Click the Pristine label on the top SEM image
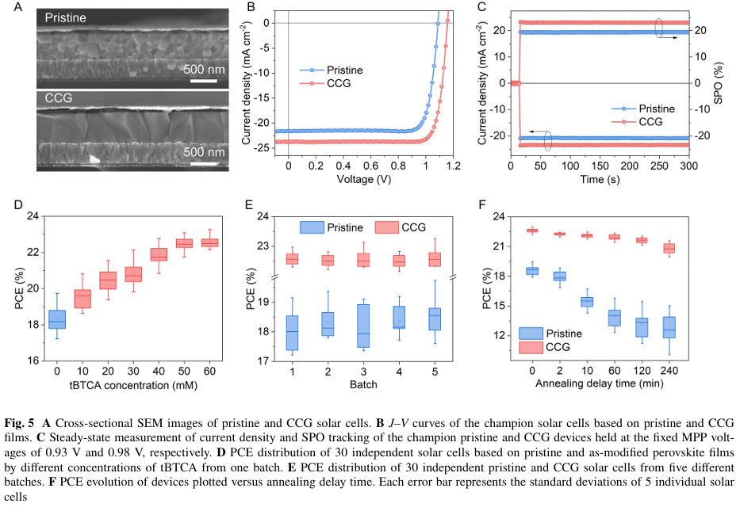tap(66, 17)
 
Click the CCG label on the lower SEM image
tap(59, 98)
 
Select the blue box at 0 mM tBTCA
tap(57, 319)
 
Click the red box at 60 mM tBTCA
tap(209, 242)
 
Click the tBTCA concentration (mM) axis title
tap(133, 385)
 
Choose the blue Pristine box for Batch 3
tap(364, 326)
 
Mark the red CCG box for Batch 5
tap(435, 259)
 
